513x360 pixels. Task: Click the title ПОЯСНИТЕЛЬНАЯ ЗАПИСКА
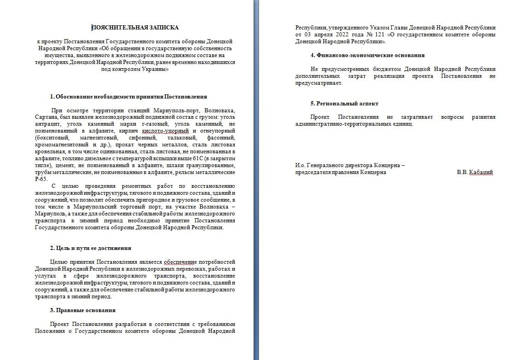click(x=135, y=28)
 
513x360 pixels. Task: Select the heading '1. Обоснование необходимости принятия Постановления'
click(x=128, y=97)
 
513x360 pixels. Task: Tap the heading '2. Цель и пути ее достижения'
click(x=91, y=248)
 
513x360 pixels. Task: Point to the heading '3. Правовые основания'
click(x=82, y=310)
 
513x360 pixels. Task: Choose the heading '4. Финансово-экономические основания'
click(x=367, y=55)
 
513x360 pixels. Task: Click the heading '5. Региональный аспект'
click(x=344, y=104)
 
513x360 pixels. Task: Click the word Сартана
click(x=46, y=117)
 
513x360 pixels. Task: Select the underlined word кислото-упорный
click(x=137, y=131)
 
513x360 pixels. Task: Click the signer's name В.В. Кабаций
click(x=475, y=172)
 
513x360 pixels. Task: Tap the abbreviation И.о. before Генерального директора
click(x=301, y=165)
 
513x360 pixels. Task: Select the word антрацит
click(x=46, y=124)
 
